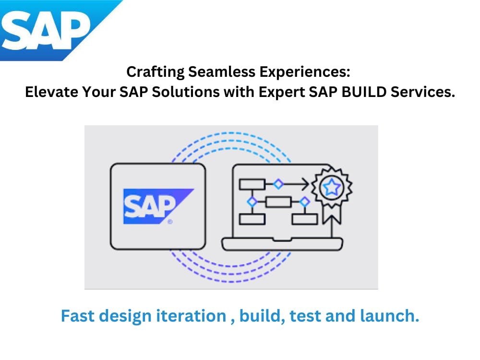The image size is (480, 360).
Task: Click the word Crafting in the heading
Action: [155, 72]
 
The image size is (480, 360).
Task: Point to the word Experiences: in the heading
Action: [305, 72]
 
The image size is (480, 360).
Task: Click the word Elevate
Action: [51, 92]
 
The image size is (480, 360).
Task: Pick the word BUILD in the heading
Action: [364, 92]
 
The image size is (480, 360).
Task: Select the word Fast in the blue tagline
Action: [78, 316]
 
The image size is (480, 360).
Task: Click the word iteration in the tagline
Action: [191, 316]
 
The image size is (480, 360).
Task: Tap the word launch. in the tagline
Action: [389, 316]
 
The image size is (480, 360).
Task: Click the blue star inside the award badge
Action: [332, 187]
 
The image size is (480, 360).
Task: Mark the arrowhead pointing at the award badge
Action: [305, 184]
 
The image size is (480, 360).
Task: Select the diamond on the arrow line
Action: [278, 184]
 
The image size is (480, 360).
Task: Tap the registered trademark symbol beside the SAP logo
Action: [170, 221]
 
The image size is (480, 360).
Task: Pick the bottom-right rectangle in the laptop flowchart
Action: [305, 219]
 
